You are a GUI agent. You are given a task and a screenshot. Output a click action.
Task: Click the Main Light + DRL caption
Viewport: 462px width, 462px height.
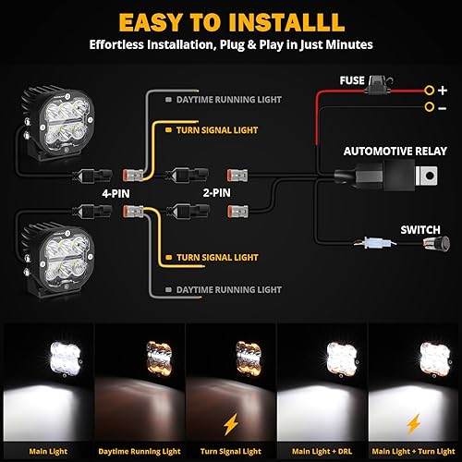coord(321,426)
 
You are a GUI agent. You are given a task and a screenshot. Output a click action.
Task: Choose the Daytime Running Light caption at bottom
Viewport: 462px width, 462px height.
coord(140,426)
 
